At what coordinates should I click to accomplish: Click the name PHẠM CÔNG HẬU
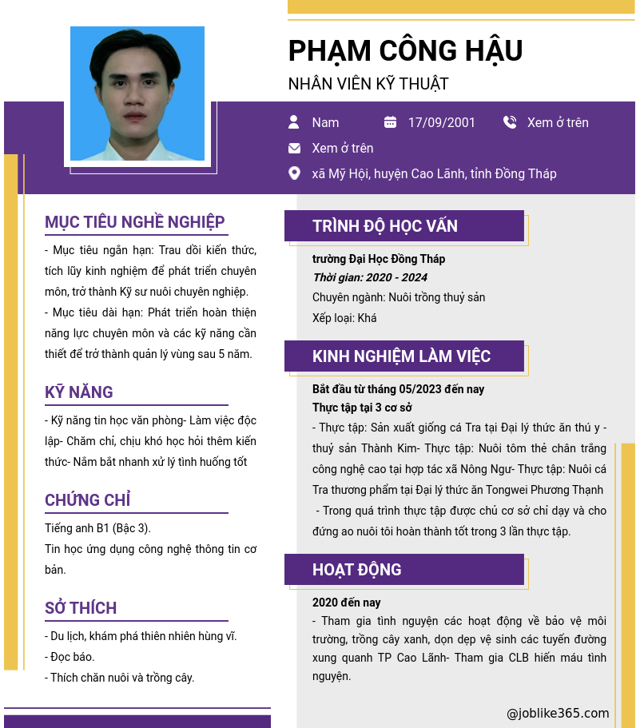(x=405, y=51)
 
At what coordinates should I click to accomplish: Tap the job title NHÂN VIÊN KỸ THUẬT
(x=368, y=84)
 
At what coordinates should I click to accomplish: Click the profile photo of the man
(x=137, y=93)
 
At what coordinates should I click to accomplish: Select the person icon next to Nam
(x=294, y=122)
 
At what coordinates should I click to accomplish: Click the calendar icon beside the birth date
(x=390, y=122)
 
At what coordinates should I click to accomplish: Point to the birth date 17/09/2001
(x=441, y=122)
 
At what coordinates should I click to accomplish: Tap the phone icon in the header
(x=510, y=122)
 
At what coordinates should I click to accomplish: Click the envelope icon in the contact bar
(x=294, y=148)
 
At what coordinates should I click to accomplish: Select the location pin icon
(x=294, y=173)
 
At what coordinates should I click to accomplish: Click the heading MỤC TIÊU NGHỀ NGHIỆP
(x=135, y=222)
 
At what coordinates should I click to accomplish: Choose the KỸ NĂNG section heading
(x=79, y=392)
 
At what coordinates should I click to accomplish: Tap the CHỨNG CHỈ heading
(x=88, y=500)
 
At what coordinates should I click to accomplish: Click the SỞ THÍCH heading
(x=81, y=608)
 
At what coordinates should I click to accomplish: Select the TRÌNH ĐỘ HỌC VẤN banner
(x=403, y=226)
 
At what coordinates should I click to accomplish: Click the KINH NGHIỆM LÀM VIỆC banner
(x=403, y=356)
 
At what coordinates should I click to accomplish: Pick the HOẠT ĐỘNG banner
(x=403, y=570)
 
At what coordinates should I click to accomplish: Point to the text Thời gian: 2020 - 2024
(x=370, y=277)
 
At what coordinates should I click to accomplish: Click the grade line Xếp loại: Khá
(x=344, y=318)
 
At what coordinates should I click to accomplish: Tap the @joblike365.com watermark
(x=558, y=714)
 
